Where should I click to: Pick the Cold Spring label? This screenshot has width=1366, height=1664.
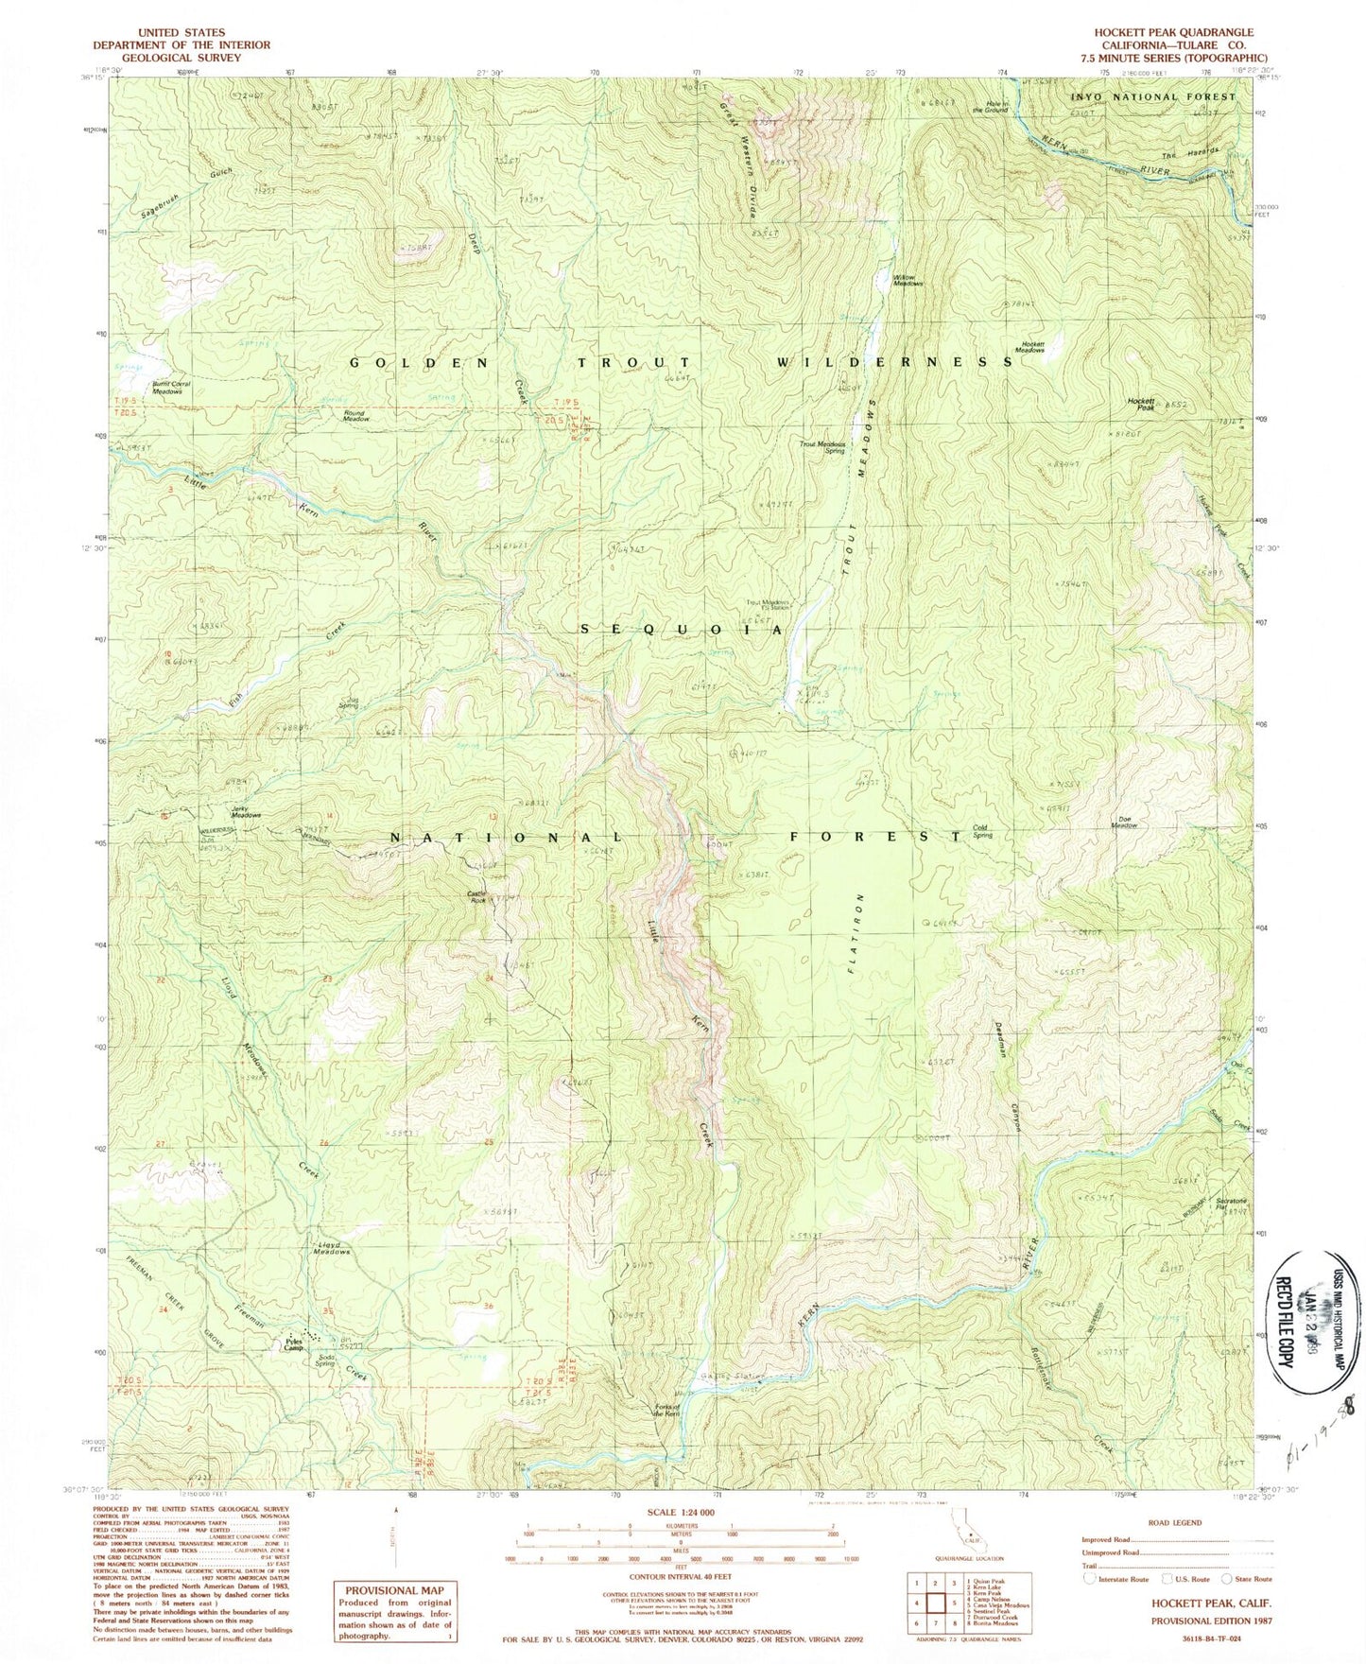tap(987, 831)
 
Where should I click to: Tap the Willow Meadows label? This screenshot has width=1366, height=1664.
tap(908, 280)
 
